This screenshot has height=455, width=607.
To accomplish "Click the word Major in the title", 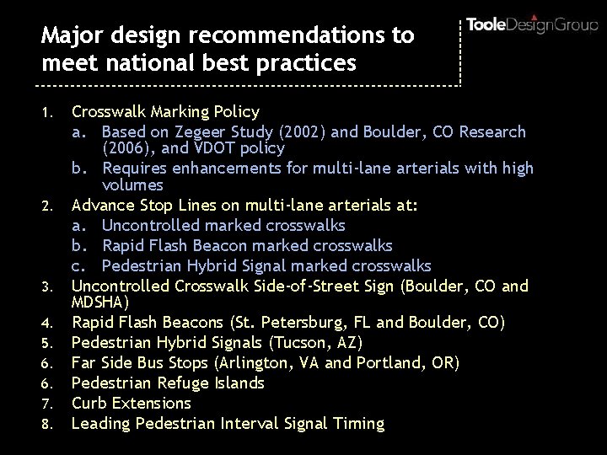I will click(x=68, y=36).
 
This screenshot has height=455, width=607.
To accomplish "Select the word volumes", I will click(x=132, y=184).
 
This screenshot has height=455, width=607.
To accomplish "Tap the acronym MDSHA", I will click(x=99, y=301).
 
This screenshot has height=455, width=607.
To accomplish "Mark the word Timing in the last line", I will click(x=357, y=423).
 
